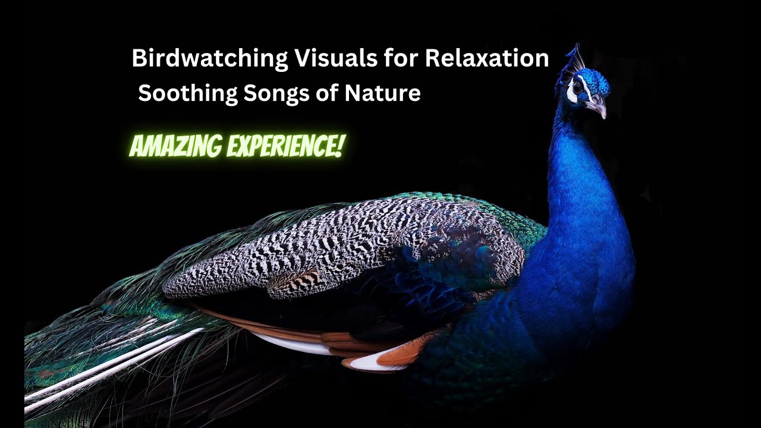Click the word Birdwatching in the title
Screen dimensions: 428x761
click(x=209, y=59)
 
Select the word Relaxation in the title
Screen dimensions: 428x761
click(x=487, y=58)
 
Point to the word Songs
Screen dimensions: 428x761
click(x=271, y=94)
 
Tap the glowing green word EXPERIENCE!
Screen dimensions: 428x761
click(x=285, y=146)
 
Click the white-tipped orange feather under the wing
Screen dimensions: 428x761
click(x=380, y=360)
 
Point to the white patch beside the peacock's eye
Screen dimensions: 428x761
click(x=571, y=92)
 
